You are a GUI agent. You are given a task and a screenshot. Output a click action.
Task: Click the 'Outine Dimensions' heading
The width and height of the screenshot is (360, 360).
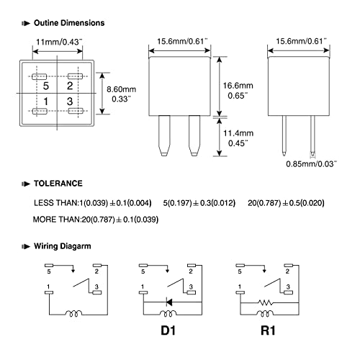tap(69, 23)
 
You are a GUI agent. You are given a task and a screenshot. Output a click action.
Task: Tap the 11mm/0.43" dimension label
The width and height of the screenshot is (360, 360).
tap(59, 42)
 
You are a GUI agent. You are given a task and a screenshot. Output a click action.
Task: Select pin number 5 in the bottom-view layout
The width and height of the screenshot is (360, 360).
tap(45, 86)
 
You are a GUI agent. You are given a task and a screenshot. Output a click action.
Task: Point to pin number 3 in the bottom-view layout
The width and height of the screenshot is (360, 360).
tap(70, 102)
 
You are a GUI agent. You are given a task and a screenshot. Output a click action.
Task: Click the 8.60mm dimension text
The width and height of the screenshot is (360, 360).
tap(122, 89)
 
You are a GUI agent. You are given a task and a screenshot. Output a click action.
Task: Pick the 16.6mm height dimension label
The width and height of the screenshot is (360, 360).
tap(238, 86)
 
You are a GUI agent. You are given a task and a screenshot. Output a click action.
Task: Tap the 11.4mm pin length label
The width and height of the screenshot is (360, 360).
tap(238, 133)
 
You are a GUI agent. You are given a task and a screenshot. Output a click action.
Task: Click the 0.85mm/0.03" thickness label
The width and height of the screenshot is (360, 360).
tap(311, 164)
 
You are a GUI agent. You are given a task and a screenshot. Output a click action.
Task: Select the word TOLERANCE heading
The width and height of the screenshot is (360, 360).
tap(58, 184)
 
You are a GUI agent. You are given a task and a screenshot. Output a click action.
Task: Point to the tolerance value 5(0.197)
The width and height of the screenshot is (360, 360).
tap(177, 203)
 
